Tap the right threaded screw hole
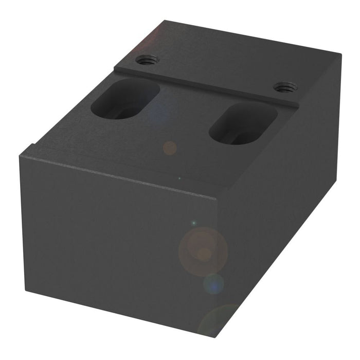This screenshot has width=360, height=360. click(284, 87)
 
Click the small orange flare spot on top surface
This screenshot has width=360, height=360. click(170, 148)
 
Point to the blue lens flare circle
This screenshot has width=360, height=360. click(213, 283)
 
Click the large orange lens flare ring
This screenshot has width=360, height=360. click(203, 251)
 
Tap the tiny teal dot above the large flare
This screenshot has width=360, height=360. click(194, 223)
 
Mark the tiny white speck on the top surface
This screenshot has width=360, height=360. click(179, 178)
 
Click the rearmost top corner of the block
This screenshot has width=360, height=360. click(165, 21)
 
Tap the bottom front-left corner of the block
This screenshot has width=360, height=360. click(26, 292)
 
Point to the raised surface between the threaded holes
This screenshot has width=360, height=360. click(216, 72)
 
